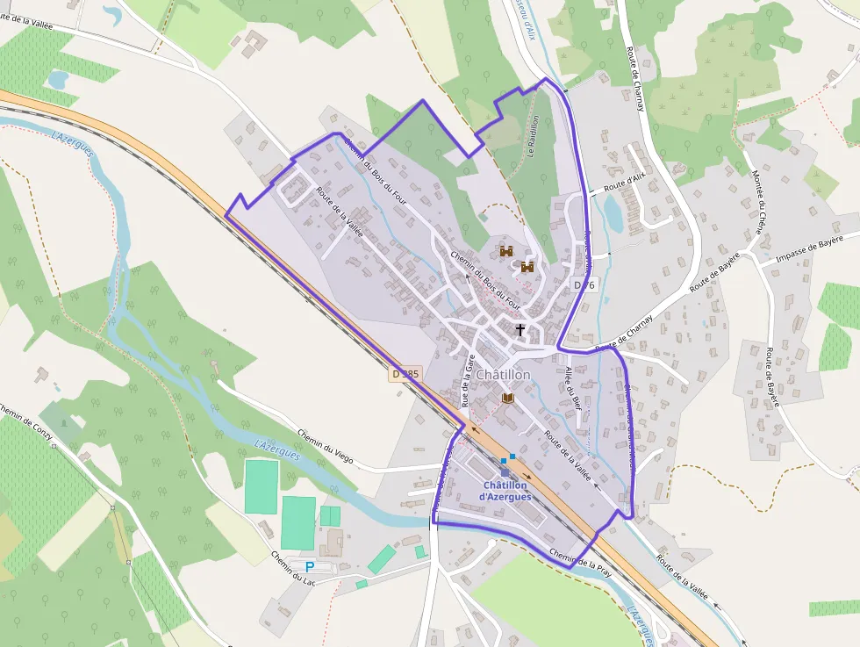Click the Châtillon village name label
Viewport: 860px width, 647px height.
click(503, 375)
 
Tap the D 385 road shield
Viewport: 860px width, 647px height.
click(406, 374)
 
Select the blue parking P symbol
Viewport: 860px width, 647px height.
click(310, 567)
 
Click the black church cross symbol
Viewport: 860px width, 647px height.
click(520, 330)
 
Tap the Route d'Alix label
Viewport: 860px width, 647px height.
click(623, 183)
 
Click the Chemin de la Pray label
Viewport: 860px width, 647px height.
click(580, 562)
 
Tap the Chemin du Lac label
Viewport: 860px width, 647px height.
click(292, 567)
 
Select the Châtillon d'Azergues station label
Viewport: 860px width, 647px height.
click(505, 491)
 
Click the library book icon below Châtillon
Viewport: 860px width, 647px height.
click(506, 398)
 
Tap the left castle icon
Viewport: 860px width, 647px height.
click(506, 252)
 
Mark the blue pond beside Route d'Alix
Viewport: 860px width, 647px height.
click(612, 213)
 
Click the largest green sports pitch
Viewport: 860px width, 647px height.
click(298, 522)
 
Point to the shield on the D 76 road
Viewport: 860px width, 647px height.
click(584, 284)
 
